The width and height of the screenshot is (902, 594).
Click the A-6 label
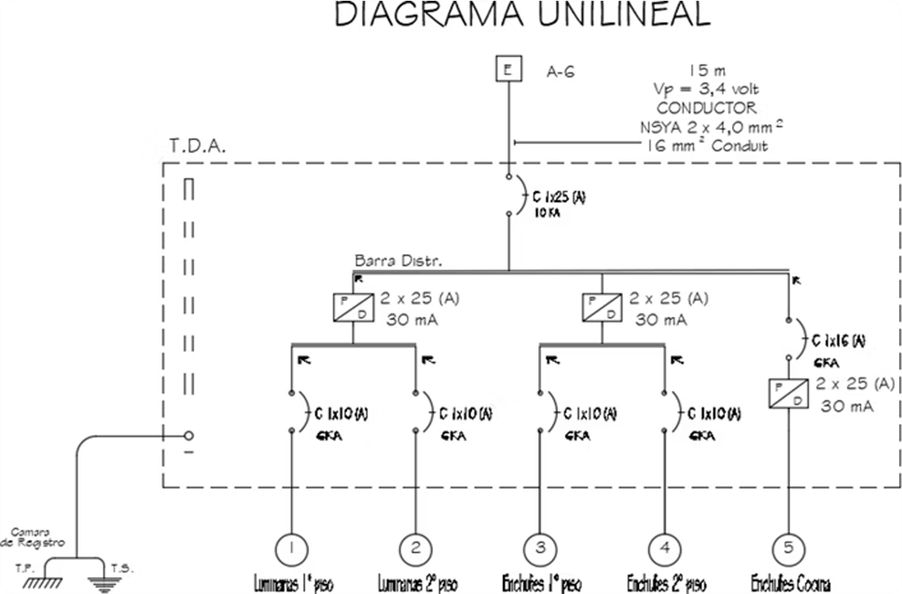pos(561,71)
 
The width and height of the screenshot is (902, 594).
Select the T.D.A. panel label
pos(199,147)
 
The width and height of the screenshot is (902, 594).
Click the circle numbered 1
pos(292,546)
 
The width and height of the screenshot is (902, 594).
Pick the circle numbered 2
pos(416,546)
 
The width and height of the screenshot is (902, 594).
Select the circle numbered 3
pos(540,546)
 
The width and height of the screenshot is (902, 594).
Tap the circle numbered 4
pos(664,546)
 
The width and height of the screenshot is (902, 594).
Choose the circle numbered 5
pos(789,546)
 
